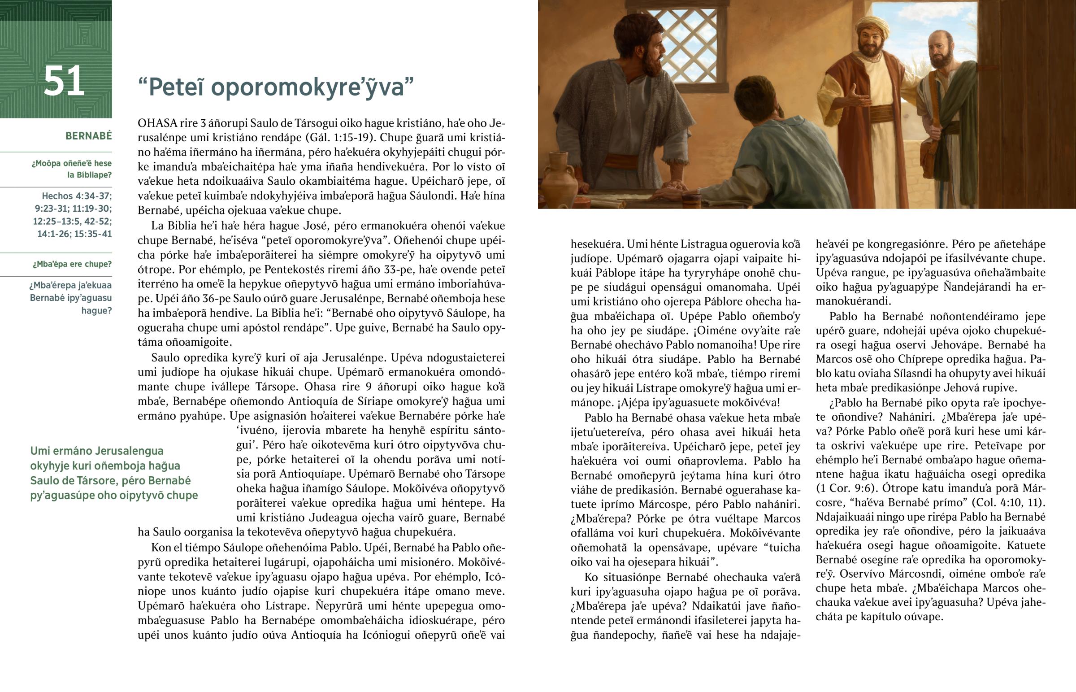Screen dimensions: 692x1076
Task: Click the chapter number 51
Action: point(64,81)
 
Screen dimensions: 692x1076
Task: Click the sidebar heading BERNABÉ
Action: point(88,136)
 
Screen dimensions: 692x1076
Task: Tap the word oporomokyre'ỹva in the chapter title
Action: point(312,87)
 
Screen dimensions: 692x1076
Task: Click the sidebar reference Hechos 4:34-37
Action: point(77,196)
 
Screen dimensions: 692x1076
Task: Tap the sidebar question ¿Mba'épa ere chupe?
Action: point(72,264)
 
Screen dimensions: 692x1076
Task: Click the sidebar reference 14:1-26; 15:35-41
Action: point(74,234)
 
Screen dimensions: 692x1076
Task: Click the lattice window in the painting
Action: point(687,43)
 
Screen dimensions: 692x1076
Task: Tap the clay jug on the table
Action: point(560,178)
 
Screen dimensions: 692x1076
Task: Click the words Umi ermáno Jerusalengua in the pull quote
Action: point(96,451)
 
